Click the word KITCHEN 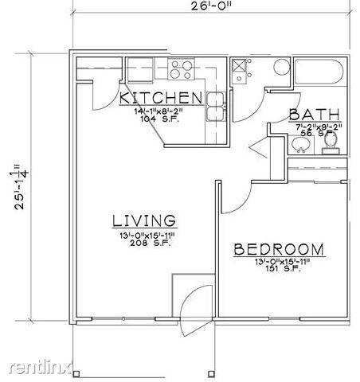tap(161, 98)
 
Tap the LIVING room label tap(143, 220)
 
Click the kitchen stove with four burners tap(180, 68)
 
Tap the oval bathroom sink tap(301, 143)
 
